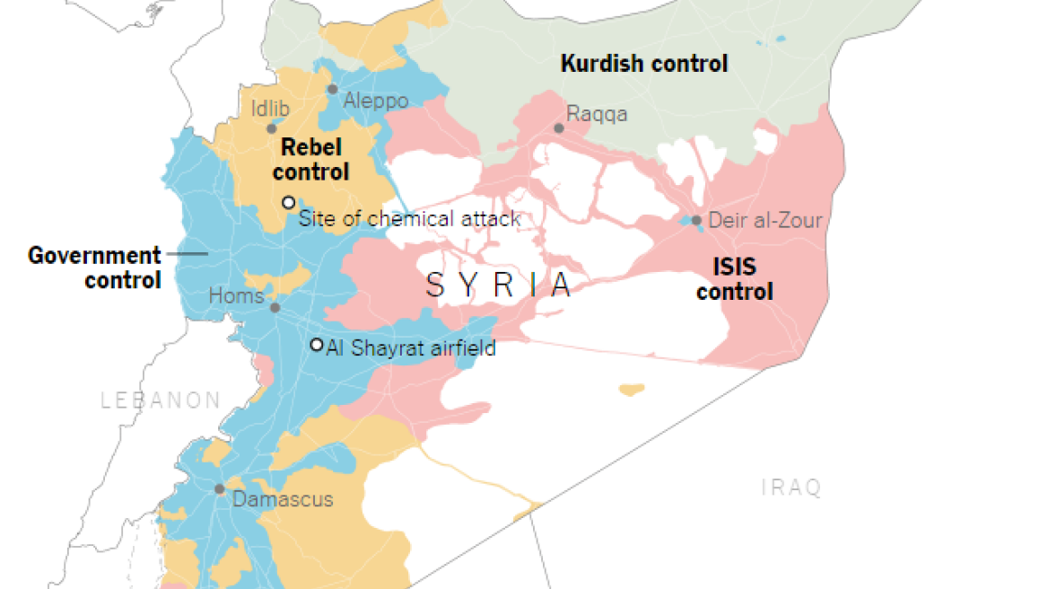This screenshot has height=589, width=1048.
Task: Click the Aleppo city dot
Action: [x=332, y=89]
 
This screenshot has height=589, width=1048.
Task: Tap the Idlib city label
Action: [x=271, y=109]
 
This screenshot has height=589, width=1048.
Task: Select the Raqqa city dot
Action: [x=559, y=128]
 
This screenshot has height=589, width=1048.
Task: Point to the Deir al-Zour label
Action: [x=765, y=220]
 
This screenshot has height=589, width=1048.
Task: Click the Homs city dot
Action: [x=275, y=307]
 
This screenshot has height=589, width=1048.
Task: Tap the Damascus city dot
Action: [x=219, y=489]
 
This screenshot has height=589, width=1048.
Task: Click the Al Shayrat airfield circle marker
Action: [x=316, y=345]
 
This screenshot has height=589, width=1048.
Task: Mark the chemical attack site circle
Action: [x=288, y=202]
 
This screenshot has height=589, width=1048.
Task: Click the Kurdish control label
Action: [x=643, y=64]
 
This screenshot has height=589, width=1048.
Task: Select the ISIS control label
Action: [x=734, y=279]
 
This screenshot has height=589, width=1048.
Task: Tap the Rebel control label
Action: [x=310, y=159]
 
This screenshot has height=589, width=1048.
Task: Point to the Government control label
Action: [x=94, y=268]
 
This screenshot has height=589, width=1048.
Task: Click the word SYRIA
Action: [x=499, y=285]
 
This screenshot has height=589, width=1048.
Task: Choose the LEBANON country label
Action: [x=161, y=400]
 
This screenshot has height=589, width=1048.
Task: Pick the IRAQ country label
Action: [x=791, y=488]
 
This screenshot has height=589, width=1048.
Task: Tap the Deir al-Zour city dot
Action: [x=696, y=220]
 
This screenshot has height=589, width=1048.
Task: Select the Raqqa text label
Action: [x=597, y=114]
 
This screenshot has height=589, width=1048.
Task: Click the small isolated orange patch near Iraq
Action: [x=632, y=390]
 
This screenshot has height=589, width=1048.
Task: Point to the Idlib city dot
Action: [x=272, y=128]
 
